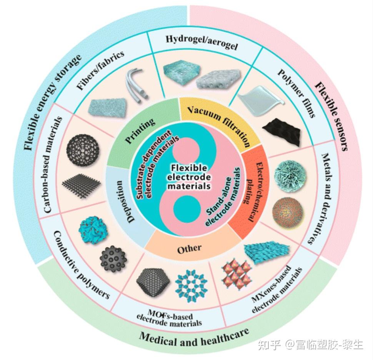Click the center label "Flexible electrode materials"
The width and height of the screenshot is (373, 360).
(189, 177)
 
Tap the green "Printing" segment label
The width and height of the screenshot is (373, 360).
(140, 131)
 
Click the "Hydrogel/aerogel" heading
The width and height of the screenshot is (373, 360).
(202, 42)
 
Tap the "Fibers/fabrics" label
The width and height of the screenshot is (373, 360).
(100, 70)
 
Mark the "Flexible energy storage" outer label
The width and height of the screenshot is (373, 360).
(53, 103)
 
